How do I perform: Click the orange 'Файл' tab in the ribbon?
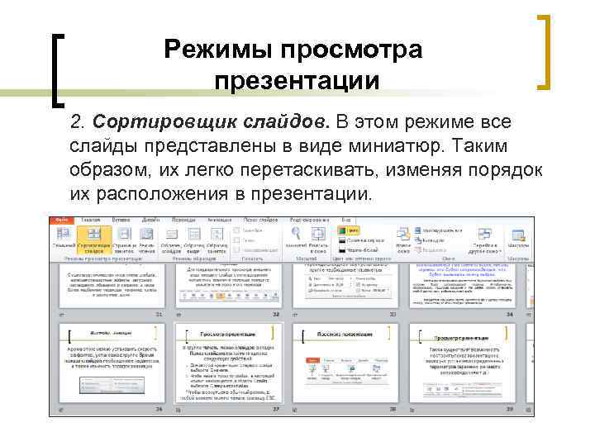61,221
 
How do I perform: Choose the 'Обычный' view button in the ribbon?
64,241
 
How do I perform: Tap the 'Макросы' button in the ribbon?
518,241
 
